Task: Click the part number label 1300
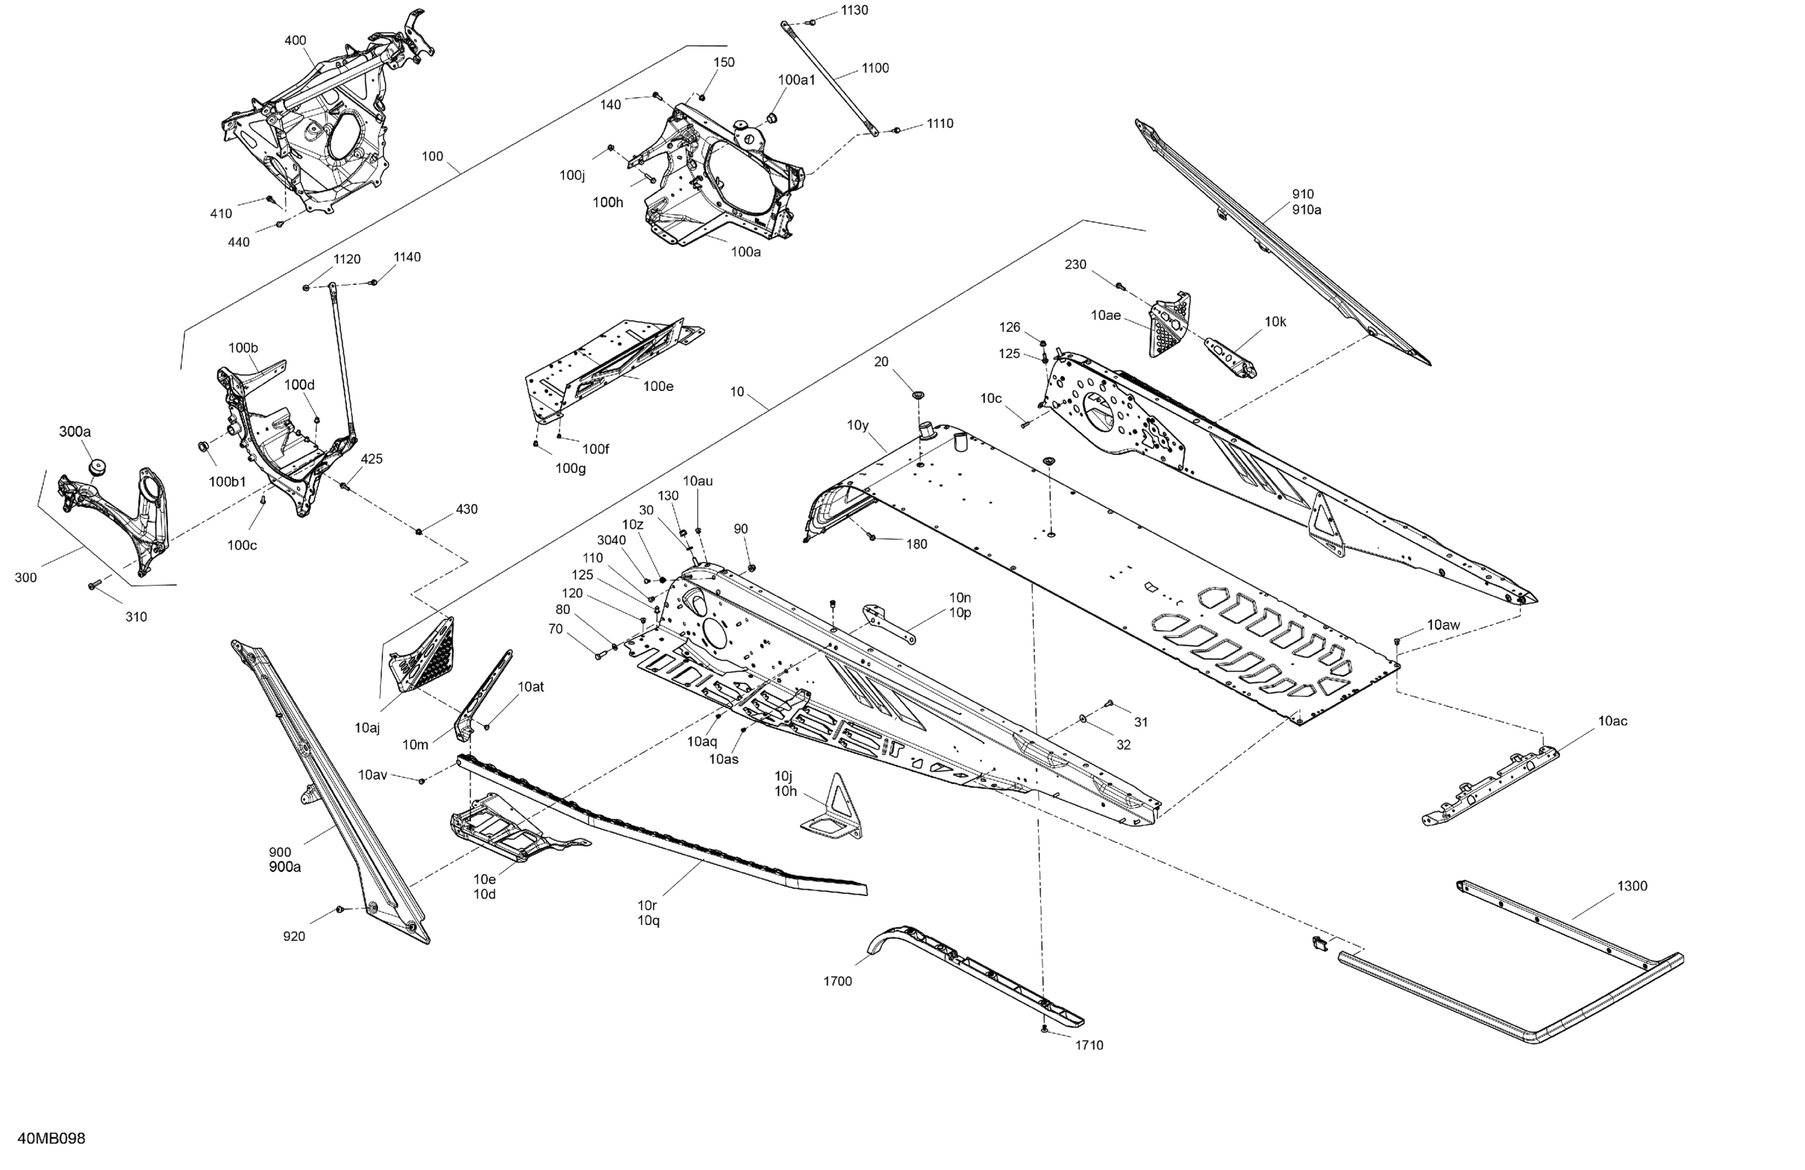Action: (1632, 886)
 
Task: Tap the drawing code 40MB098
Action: (52, 1138)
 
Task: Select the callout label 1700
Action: (837, 981)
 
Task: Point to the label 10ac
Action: (1612, 721)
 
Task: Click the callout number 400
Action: (295, 40)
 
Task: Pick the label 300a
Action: (75, 432)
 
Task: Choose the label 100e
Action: (657, 387)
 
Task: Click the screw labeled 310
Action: (95, 584)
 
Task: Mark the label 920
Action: (293, 937)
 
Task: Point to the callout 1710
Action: (1089, 1045)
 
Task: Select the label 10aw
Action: (1443, 626)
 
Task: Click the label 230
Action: (1075, 265)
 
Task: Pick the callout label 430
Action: (467, 509)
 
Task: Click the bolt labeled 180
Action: (872, 537)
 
